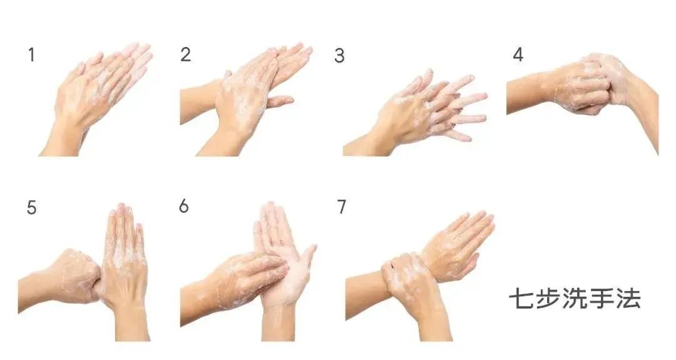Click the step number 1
tap(31, 55)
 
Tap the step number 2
tap(186, 54)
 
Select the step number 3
tap(339, 56)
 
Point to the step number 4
tap(518, 54)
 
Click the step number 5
tap(31, 208)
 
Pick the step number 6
tap(184, 207)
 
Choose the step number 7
tap(342, 207)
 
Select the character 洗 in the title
tap(574, 298)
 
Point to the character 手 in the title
tap(601, 298)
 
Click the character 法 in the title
tap(628, 298)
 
